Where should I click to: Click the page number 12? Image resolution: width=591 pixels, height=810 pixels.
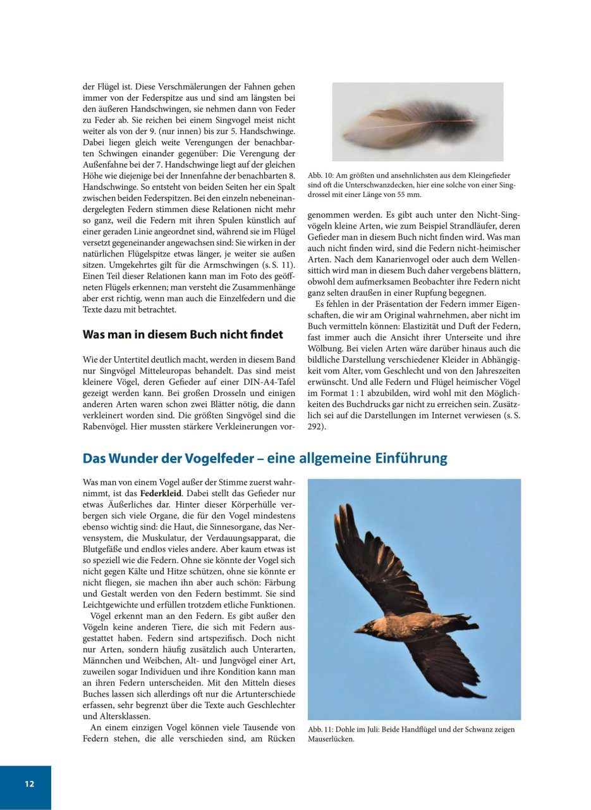[30, 783]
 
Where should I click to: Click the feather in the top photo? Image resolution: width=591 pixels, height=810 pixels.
[411, 122]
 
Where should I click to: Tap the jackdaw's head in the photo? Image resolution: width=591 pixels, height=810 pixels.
[373, 623]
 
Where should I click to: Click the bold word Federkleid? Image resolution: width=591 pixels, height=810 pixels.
[161, 492]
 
